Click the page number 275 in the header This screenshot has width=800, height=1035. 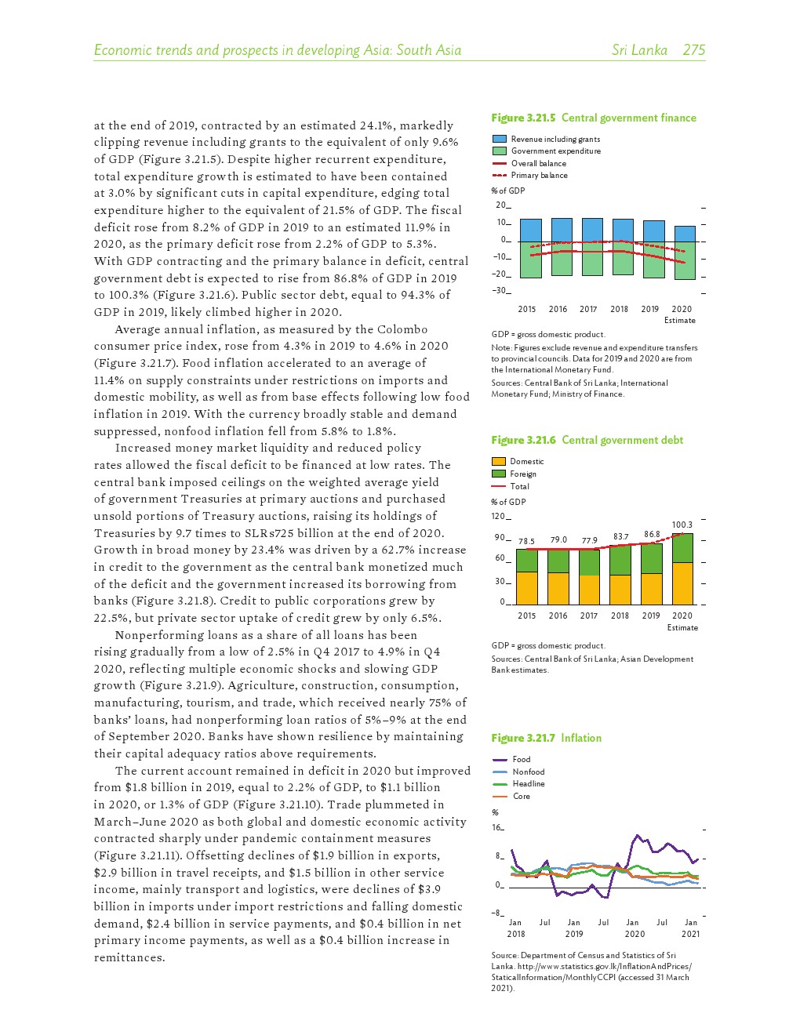(x=693, y=50)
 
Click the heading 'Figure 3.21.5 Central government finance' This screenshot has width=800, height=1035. (x=593, y=118)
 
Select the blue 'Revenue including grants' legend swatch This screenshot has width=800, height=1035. (x=500, y=139)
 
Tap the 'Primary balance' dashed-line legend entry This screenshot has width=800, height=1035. (x=539, y=176)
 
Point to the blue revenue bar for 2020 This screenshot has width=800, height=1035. (x=684, y=234)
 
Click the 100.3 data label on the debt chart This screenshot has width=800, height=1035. (x=682, y=525)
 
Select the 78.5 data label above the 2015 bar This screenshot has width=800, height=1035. (x=526, y=541)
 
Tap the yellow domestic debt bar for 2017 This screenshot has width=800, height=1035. (x=589, y=589)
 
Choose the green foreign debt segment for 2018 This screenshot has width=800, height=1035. (x=620, y=560)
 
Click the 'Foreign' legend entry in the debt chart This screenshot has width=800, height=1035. (x=522, y=474)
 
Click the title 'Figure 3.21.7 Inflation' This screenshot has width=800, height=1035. (x=546, y=738)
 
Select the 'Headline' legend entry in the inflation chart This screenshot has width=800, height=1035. (x=528, y=783)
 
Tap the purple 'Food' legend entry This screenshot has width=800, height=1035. (x=521, y=759)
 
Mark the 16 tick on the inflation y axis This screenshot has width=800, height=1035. (x=496, y=828)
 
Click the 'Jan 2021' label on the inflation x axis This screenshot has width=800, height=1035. (x=690, y=928)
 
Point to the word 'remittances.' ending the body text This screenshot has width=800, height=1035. (x=129, y=957)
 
